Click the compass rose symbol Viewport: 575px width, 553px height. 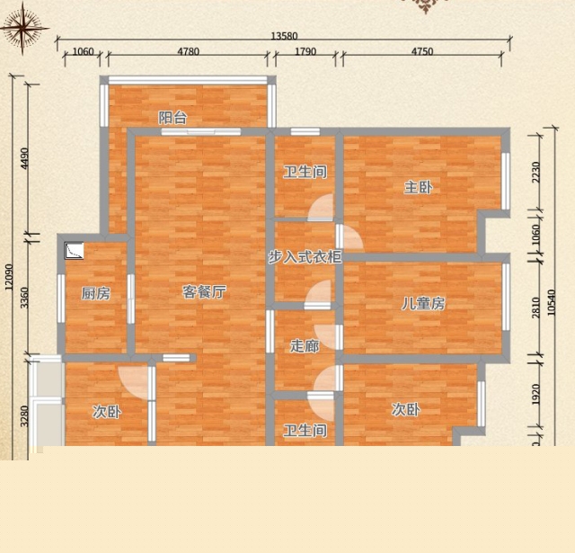pos(23,28)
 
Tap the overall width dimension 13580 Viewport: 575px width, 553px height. pos(284,36)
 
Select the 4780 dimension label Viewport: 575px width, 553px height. pos(189,51)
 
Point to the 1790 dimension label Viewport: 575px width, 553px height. pos(305,51)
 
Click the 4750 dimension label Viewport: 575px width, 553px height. pos(422,51)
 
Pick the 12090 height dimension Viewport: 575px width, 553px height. pos(9,277)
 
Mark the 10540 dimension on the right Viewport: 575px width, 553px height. pos(551,303)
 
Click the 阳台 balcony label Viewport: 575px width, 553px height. pos(173,118)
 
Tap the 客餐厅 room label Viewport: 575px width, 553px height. pos(204,292)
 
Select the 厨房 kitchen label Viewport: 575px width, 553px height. pos(96,293)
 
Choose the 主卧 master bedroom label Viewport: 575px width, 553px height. pos(419,188)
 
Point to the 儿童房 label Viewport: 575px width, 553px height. pos(423,303)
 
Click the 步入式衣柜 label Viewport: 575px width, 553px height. pos(305,257)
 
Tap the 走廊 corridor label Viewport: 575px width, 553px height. pos(305,345)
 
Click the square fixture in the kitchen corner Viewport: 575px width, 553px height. pos(74,251)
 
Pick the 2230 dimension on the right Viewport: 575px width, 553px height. pos(535,172)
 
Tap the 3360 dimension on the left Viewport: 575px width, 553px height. pos(24,298)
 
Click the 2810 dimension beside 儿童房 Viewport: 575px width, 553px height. pos(535,308)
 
